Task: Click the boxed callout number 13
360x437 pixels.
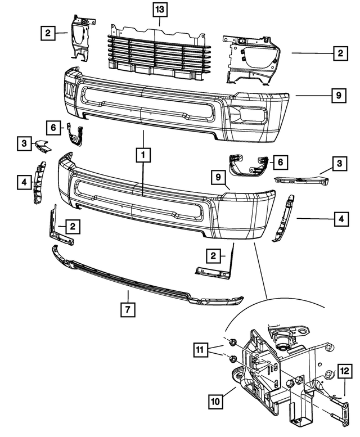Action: [x=160, y=10]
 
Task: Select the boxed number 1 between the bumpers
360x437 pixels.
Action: [x=143, y=153]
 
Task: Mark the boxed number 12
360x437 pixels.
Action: [x=344, y=371]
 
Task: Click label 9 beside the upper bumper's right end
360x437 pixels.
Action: [x=339, y=96]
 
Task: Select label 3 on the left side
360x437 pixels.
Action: [x=24, y=143]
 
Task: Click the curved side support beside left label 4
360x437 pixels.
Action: [x=40, y=182]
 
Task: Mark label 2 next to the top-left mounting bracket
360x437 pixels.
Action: [x=48, y=33]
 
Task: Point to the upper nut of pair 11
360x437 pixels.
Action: [x=231, y=342]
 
